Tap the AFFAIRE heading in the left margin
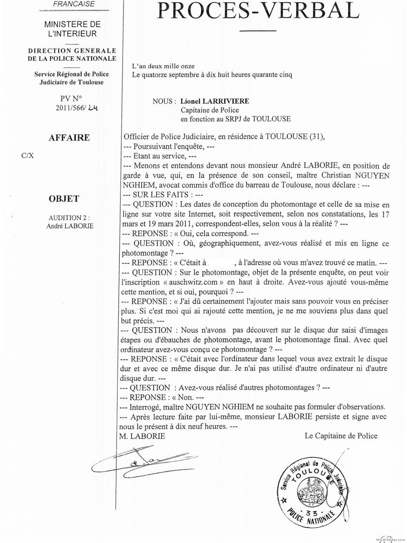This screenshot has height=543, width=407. click(x=69, y=138)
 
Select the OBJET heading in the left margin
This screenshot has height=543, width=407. click(x=64, y=199)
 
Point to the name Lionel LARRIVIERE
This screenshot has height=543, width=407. click(x=215, y=101)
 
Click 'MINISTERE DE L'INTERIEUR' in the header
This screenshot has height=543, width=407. click(x=72, y=29)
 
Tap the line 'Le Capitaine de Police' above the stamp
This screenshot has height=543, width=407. click(x=341, y=436)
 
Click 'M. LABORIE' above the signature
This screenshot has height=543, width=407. click(x=142, y=436)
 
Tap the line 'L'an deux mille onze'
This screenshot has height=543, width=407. click(x=163, y=67)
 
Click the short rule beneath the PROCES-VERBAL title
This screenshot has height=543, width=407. click(x=258, y=31)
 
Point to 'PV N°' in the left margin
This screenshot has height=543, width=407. click(x=71, y=99)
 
